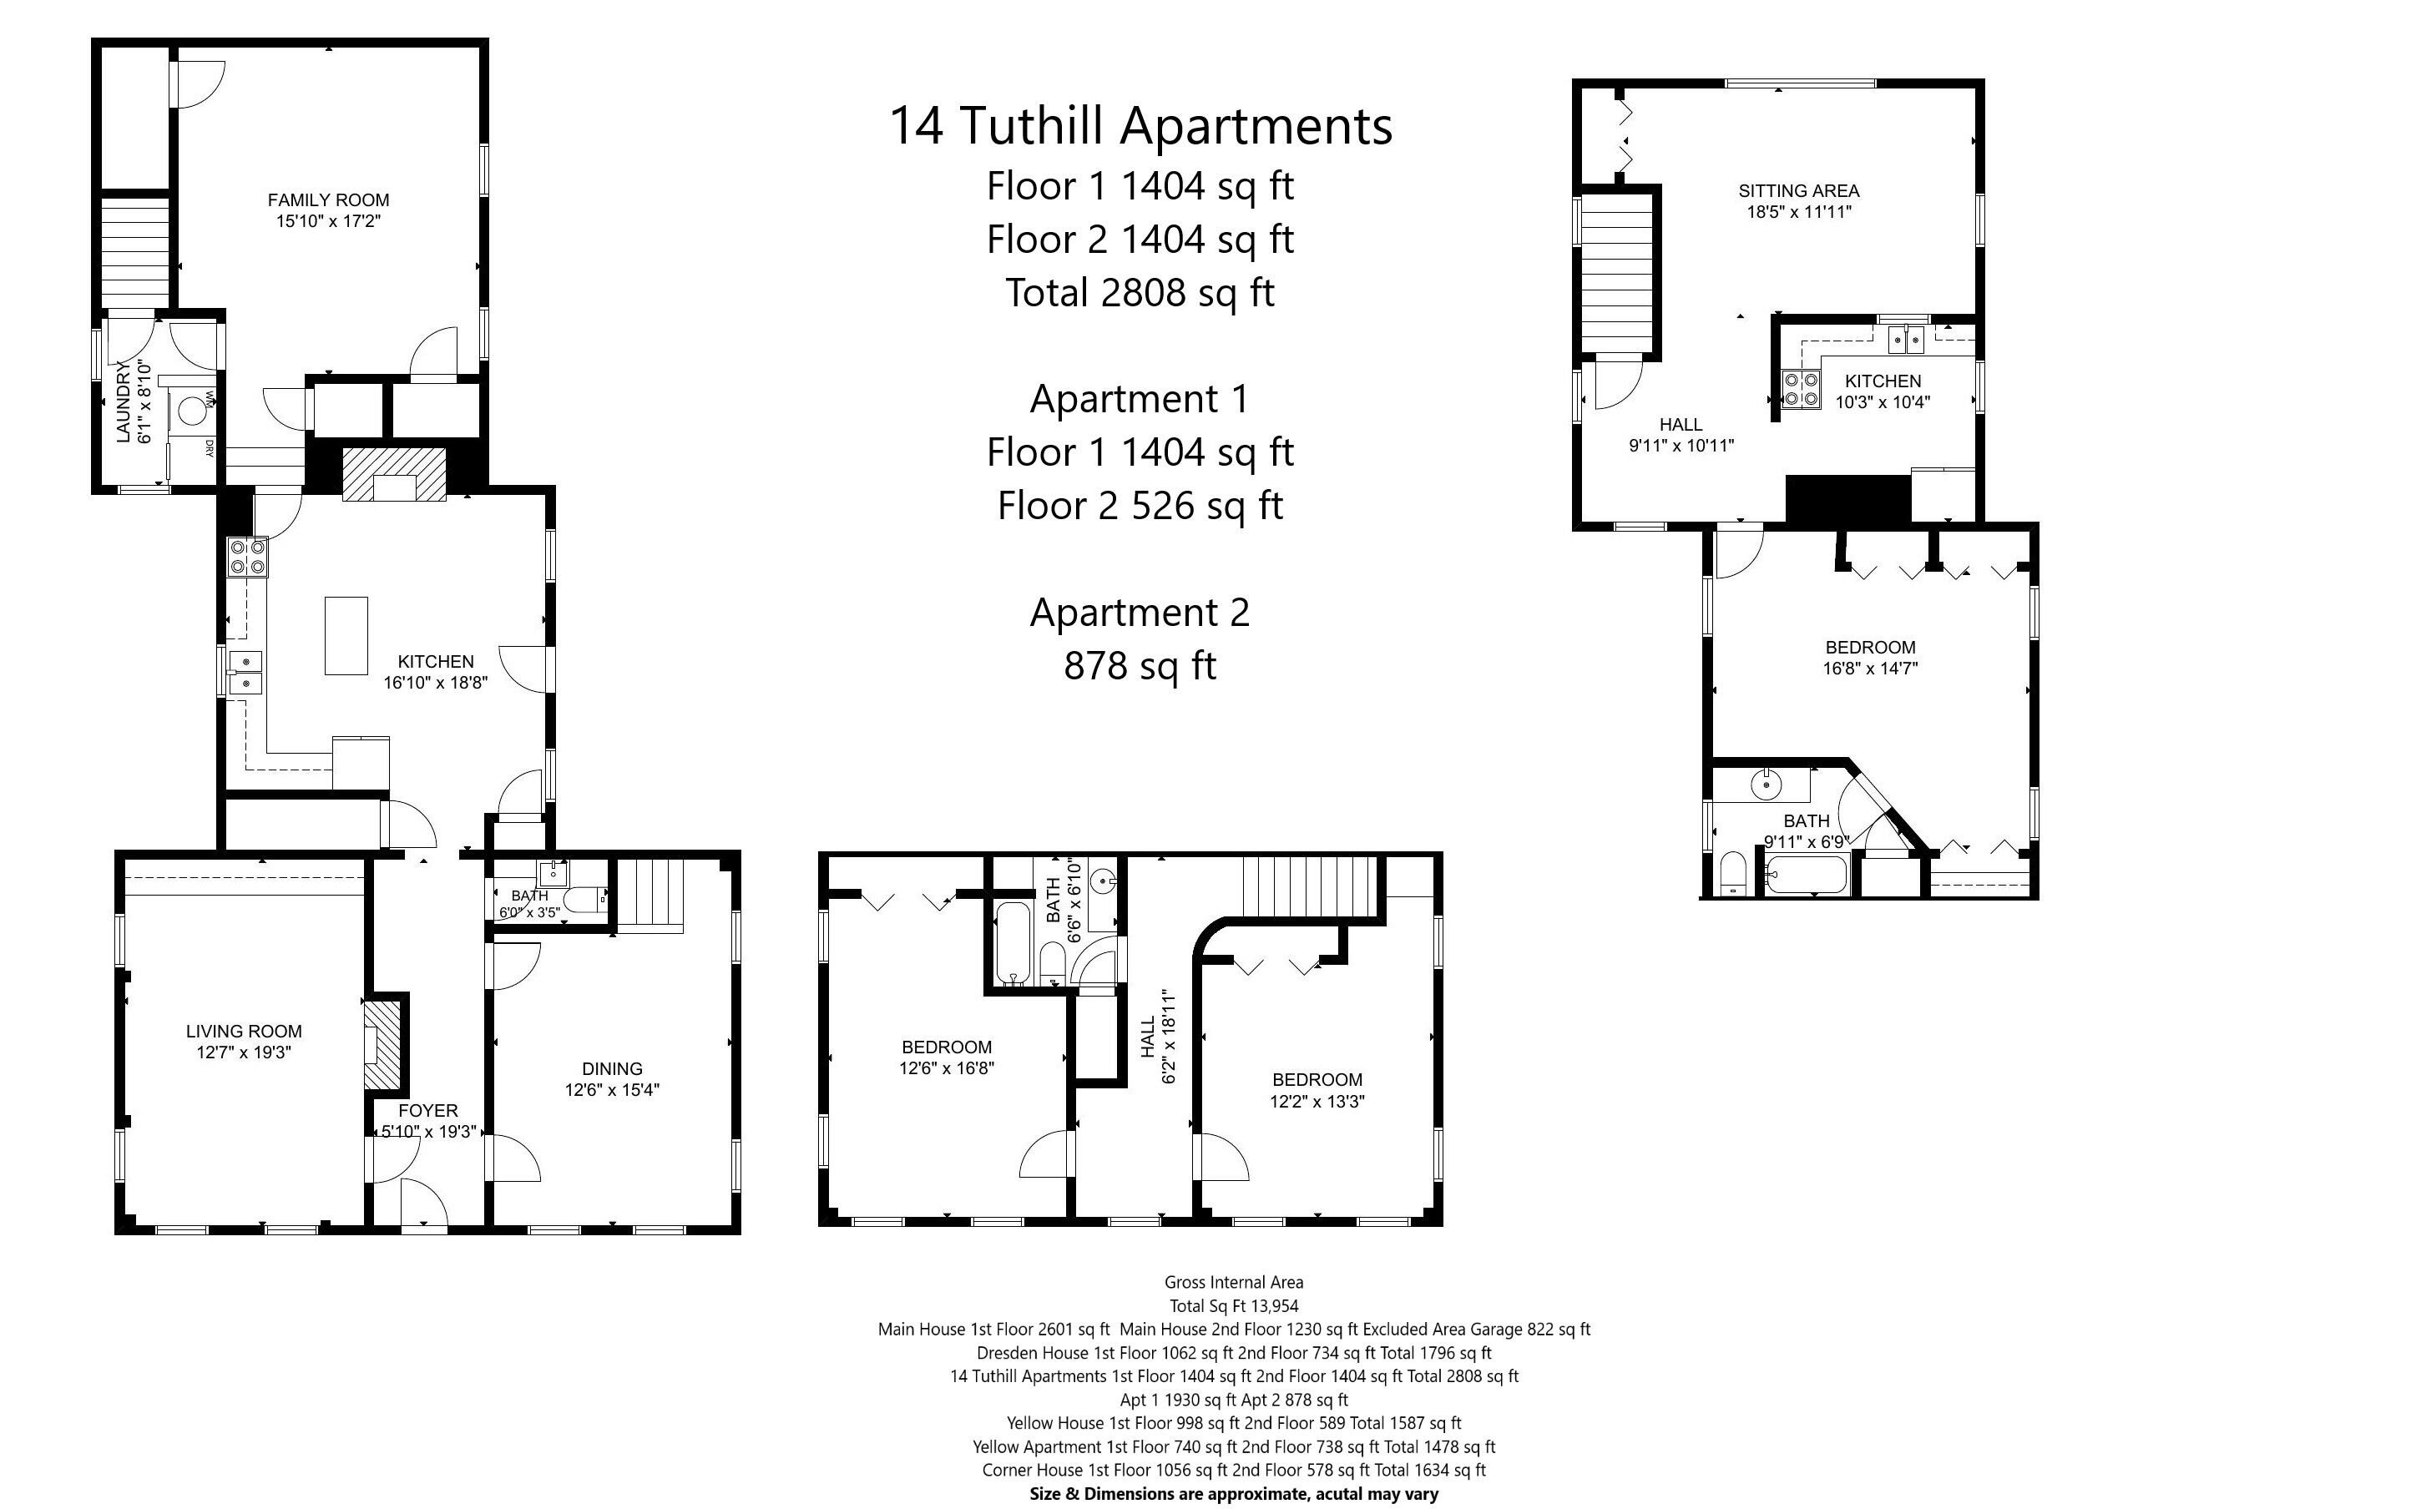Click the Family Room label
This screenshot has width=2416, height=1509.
tap(328, 199)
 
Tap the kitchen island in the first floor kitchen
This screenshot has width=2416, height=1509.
tap(346, 636)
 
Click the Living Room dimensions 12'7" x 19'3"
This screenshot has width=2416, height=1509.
tap(244, 1052)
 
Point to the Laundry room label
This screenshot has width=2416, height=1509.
tap(124, 402)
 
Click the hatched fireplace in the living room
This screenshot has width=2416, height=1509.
tap(382, 1045)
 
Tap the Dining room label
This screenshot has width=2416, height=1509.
tap(612, 1067)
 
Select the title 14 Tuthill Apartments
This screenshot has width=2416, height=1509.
tap(1140, 126)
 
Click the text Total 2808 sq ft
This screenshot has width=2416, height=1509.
tap(1140, 292)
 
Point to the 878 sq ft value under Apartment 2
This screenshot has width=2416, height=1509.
tap(1140, 666)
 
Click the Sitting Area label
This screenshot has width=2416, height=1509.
tap(1798, 190)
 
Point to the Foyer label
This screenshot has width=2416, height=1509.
tap(428, 1111)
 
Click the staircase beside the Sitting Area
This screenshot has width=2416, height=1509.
tap(1618, 275)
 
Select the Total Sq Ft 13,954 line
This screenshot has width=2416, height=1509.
tap(1233, 1305)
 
